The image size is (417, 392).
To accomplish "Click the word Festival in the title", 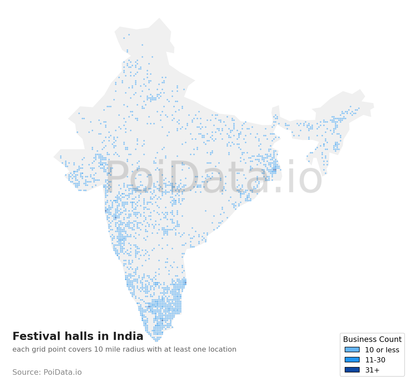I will [x=36, y=336].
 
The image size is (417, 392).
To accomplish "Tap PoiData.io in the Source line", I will [x=63, y=372].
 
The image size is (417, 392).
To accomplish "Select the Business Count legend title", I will [x=372, y=340].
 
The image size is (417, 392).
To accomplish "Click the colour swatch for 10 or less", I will [x=352, y=350].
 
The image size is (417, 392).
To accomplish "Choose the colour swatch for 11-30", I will [x=352, y=360].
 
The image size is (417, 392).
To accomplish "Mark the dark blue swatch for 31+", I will [x=352, y=370].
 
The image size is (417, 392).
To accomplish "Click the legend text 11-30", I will [x=375, y=360].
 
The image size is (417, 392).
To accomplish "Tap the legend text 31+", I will [x=372, y=370].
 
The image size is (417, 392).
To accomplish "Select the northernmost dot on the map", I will [x=129, y=34].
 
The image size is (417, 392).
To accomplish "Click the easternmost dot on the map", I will [x=359, y=108].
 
